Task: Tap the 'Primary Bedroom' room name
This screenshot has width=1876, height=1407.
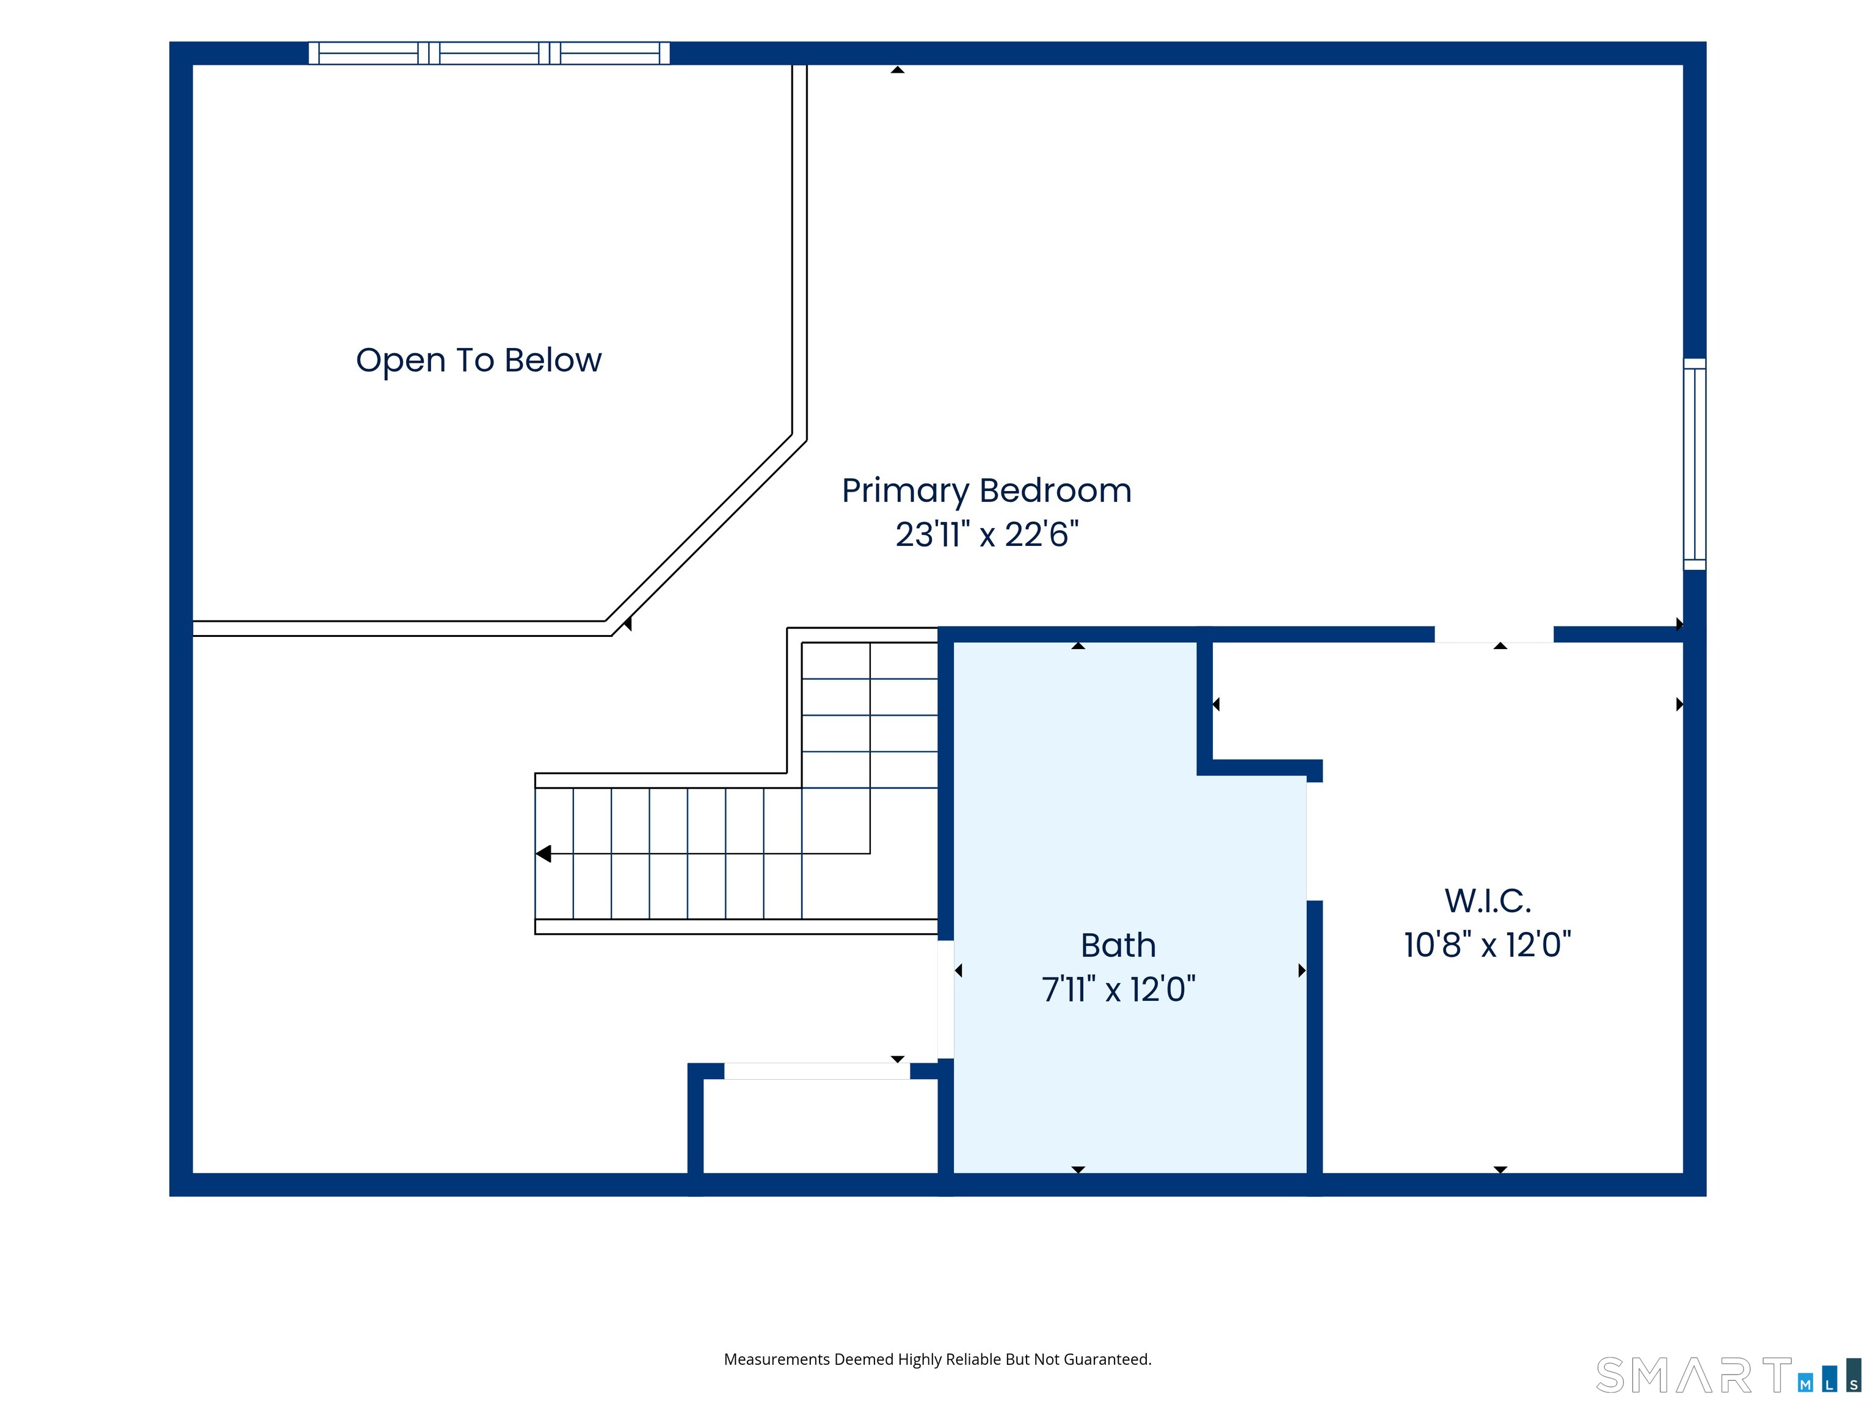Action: pyautogui.click(x=986, y=491)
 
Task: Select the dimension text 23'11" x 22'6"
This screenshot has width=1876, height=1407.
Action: pyautogui.click(x=987, y=534)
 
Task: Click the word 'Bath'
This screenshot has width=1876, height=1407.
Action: pyautogui.click(x=1118, y=945)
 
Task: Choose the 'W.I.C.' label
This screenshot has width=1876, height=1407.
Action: pyautogui.click(x=1488, y=901)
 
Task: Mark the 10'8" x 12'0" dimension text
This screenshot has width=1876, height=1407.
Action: pyautogui.click(x=1488, y=945)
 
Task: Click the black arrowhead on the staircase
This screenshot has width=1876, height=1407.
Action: pyautogui.click(x=544, y=853)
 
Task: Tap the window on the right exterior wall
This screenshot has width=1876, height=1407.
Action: pyautogui.click(x=1695, y=464)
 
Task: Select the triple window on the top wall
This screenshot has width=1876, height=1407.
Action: pyautogui.click(x=489, y=53)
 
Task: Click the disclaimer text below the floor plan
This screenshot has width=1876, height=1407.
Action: pyautogui.click(x=937, y=1359)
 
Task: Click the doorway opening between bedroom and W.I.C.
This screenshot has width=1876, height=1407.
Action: pyautogui.click(x=1494, y=634)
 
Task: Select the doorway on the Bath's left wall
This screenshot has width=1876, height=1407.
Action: pyautogui.click(x=945, y=999)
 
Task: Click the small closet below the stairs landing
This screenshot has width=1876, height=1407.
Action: pyautogui.click(x=820, y=1126)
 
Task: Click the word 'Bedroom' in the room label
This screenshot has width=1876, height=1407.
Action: pyautogui.click(x=1056, y=491)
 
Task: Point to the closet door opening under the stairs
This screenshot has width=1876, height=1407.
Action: pyautogui.click(x=816, y=1071)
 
